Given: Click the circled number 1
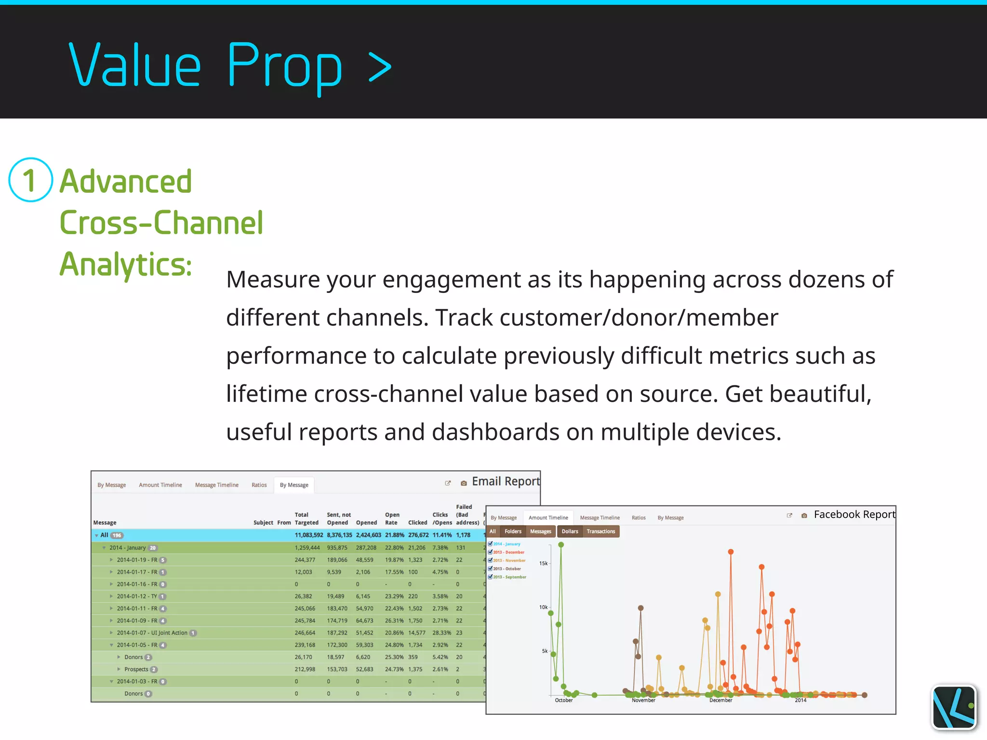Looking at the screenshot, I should tap(30, 180).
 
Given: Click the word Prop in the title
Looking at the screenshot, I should tap(284, 66).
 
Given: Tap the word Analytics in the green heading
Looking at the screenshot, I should tap(125, 264).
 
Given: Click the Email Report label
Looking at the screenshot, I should tap(506, 481).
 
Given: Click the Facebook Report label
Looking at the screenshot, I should tap(854, 515).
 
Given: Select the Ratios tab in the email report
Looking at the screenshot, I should tap(259, 485).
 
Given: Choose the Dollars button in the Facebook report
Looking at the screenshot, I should tap(570, 531).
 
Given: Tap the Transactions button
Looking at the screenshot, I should tap(600, 531).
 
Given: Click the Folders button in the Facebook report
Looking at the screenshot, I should tap(513, 531).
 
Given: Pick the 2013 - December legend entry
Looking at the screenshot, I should tap(508, 552).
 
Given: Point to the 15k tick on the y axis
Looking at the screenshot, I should tap(543, 563).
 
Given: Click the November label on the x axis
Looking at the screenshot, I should tap(643, 700).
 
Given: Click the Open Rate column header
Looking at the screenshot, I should tap(392, 518).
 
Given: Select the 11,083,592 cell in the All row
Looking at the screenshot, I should tap(308, 535).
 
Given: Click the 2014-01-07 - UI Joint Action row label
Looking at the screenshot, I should tap(152, 633).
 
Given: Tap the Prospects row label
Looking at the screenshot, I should tap(136, 669).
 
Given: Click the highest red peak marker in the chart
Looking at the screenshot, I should tap(731, 552).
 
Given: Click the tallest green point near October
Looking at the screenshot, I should tap(561, 545).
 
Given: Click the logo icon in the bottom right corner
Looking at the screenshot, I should tap(954, 707).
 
